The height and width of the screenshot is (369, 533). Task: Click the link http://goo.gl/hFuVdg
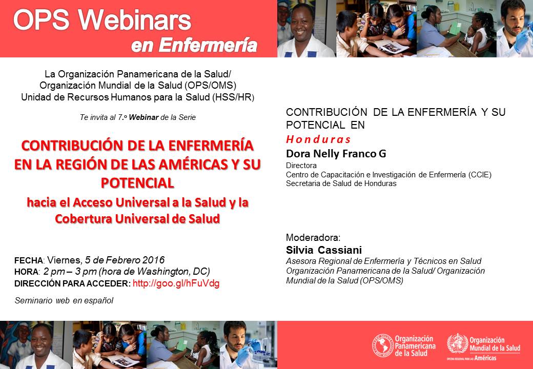176,283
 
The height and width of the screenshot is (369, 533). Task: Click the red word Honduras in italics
318,139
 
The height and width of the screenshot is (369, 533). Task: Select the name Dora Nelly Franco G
336,154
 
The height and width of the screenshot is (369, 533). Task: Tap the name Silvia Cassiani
323,250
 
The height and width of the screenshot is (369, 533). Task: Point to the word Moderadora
313,237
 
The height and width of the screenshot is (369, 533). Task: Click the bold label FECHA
29,261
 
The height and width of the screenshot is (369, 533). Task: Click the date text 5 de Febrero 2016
125,260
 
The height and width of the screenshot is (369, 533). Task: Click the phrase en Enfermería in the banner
194,46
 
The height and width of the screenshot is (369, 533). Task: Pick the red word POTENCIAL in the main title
137,183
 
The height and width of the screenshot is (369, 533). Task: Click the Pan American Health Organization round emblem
382,345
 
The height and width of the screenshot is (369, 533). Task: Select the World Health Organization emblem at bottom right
458,343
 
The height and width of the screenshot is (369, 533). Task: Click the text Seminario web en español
64,301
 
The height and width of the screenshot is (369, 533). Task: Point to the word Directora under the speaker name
301,166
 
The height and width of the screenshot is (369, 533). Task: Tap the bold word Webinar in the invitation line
144,117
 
